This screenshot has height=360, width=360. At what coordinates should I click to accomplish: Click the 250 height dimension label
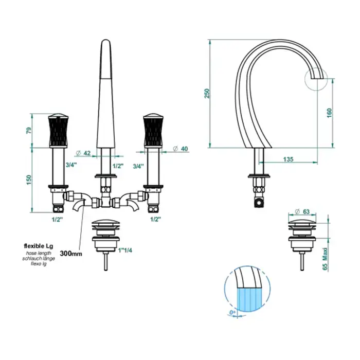pos(207,93)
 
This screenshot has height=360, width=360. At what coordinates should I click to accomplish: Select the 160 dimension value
pos(329,113)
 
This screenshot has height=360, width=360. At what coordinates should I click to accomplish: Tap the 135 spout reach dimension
pos(288,159)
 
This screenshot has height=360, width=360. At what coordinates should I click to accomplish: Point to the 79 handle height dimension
pos(29,131)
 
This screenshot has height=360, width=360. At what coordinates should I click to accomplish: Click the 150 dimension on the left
pos(29,180)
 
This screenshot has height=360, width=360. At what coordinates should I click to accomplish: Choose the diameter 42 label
pos(83,153)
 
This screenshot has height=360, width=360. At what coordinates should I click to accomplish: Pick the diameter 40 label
pos(181,149)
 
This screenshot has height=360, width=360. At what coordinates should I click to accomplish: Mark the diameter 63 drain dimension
pos(302,211)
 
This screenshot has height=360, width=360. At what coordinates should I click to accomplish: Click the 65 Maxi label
pos(325,259)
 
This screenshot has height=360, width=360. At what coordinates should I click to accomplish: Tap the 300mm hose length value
pos(71,254)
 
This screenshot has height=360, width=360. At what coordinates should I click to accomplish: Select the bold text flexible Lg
pos(39,246)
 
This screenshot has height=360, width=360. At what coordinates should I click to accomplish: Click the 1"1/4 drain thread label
pos(125,250)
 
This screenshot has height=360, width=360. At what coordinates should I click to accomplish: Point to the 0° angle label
pos(232,313)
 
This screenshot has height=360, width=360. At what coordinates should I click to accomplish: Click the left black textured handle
pos(59,130)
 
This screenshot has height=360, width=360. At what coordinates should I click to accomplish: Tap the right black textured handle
pos(154,130)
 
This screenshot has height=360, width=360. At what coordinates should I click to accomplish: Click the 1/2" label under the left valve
pos(58,220)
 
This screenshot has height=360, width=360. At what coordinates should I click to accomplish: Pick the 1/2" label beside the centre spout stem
pos(118,166)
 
